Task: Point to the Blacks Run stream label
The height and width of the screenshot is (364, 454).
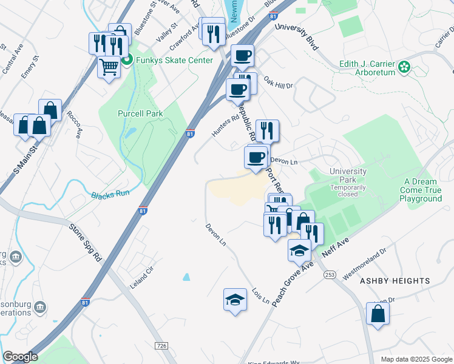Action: pyautogui.click(x=110, y=195)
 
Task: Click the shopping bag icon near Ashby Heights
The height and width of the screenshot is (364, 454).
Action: pyautogui.click(x=378, y=314)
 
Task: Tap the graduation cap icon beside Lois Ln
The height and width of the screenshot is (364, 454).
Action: pyautogui.click(x=235, y=300)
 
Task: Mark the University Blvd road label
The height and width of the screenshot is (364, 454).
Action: pyautogui.click(x=296, y=36)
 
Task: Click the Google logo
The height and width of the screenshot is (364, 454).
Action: pyautogui.click(x=20, y=357)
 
